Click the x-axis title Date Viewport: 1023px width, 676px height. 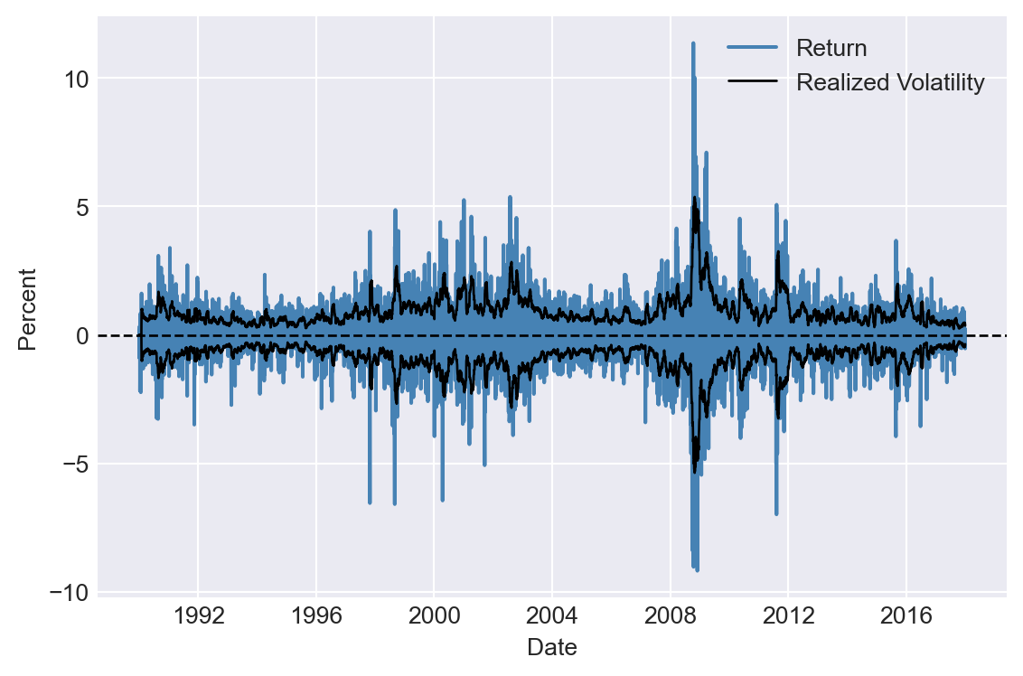click(551, 647)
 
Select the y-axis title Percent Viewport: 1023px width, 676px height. click(29, 309)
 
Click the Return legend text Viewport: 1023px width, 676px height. click(831, 48)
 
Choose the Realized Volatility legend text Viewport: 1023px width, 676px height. click(889, 83)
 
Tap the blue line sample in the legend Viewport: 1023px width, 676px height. click(752, 48)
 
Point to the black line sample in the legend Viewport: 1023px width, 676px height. click(752, 83)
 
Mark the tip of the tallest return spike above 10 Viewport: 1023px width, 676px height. click(693, 42)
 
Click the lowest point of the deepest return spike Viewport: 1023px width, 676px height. click(697, 570)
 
